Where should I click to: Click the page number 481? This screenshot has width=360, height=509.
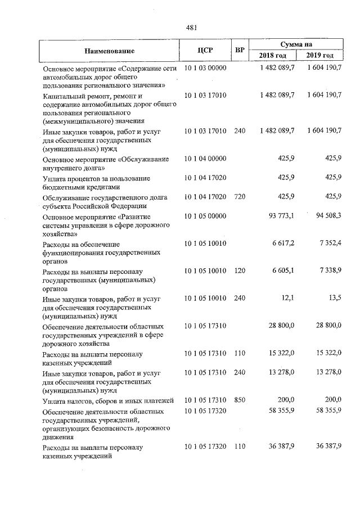pos(190,26)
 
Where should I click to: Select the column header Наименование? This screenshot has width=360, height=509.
pos(110,51)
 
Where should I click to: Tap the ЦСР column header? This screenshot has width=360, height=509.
pos(204,50)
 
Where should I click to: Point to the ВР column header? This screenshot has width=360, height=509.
pos(240,50)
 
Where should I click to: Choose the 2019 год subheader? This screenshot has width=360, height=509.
pos(320,56)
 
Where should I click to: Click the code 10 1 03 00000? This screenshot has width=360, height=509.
pos(205,68)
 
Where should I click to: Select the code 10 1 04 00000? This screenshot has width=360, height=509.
pos(205,160)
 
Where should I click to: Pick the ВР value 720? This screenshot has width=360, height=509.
pos(240,196)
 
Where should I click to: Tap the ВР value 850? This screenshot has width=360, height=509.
pos(240,400)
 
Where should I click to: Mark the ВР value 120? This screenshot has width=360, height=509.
pos(240,271)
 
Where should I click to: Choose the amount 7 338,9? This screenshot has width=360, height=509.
pos(328,271)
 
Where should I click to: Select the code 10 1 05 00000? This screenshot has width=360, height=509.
pos(205,216)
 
